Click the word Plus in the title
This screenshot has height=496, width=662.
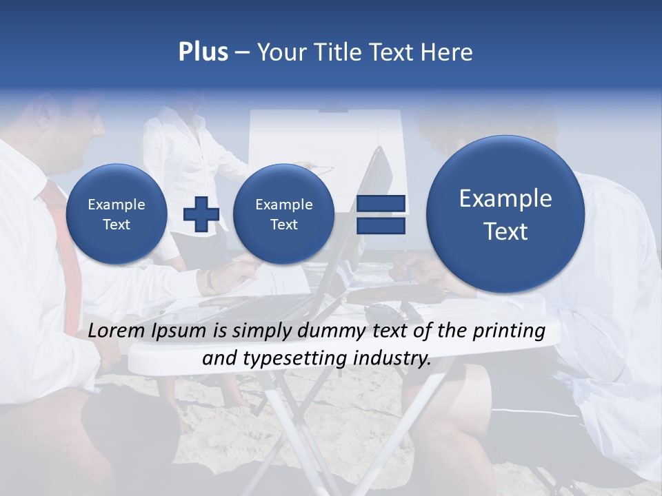click(x=203, y=52)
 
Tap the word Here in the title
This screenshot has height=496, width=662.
click(x=448, y=52)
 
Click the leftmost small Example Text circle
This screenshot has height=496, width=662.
click(x=116, y=214)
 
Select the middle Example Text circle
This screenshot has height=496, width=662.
click(x=283, y=214)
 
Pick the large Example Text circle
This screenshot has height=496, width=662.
click(x=505, y=214)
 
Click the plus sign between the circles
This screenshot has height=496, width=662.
click(x=201, y=214)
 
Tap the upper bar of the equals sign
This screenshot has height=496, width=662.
click(x=381, y=203)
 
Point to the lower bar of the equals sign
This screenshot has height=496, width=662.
click(x=381, y=226)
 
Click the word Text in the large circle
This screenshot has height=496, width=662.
click(x=505, y=231)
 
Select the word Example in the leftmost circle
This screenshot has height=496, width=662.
click(x=116, y=205)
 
